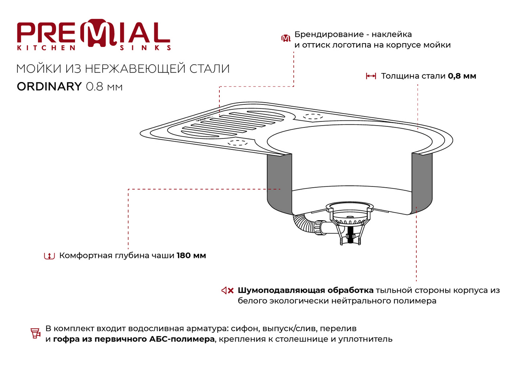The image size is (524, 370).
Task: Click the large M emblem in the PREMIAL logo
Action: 99,33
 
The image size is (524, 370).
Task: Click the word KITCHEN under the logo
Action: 46,48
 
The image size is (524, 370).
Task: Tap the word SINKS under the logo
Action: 145,48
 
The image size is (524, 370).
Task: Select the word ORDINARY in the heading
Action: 49,86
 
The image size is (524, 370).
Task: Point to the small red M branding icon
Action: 286,38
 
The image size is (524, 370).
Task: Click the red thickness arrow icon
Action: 371,76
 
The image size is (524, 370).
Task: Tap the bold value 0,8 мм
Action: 462,76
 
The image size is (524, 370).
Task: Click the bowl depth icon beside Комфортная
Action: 49,256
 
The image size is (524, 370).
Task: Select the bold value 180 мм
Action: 191,255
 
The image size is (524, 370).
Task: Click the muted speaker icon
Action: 227,291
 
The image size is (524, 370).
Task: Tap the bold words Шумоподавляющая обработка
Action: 305,291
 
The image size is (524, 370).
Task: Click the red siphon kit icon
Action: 36,333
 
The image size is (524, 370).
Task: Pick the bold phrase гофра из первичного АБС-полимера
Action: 134,339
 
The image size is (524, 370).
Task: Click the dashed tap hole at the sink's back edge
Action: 313,116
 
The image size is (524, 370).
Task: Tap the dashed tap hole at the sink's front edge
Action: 238,143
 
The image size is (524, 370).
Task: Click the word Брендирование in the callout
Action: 329,34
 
